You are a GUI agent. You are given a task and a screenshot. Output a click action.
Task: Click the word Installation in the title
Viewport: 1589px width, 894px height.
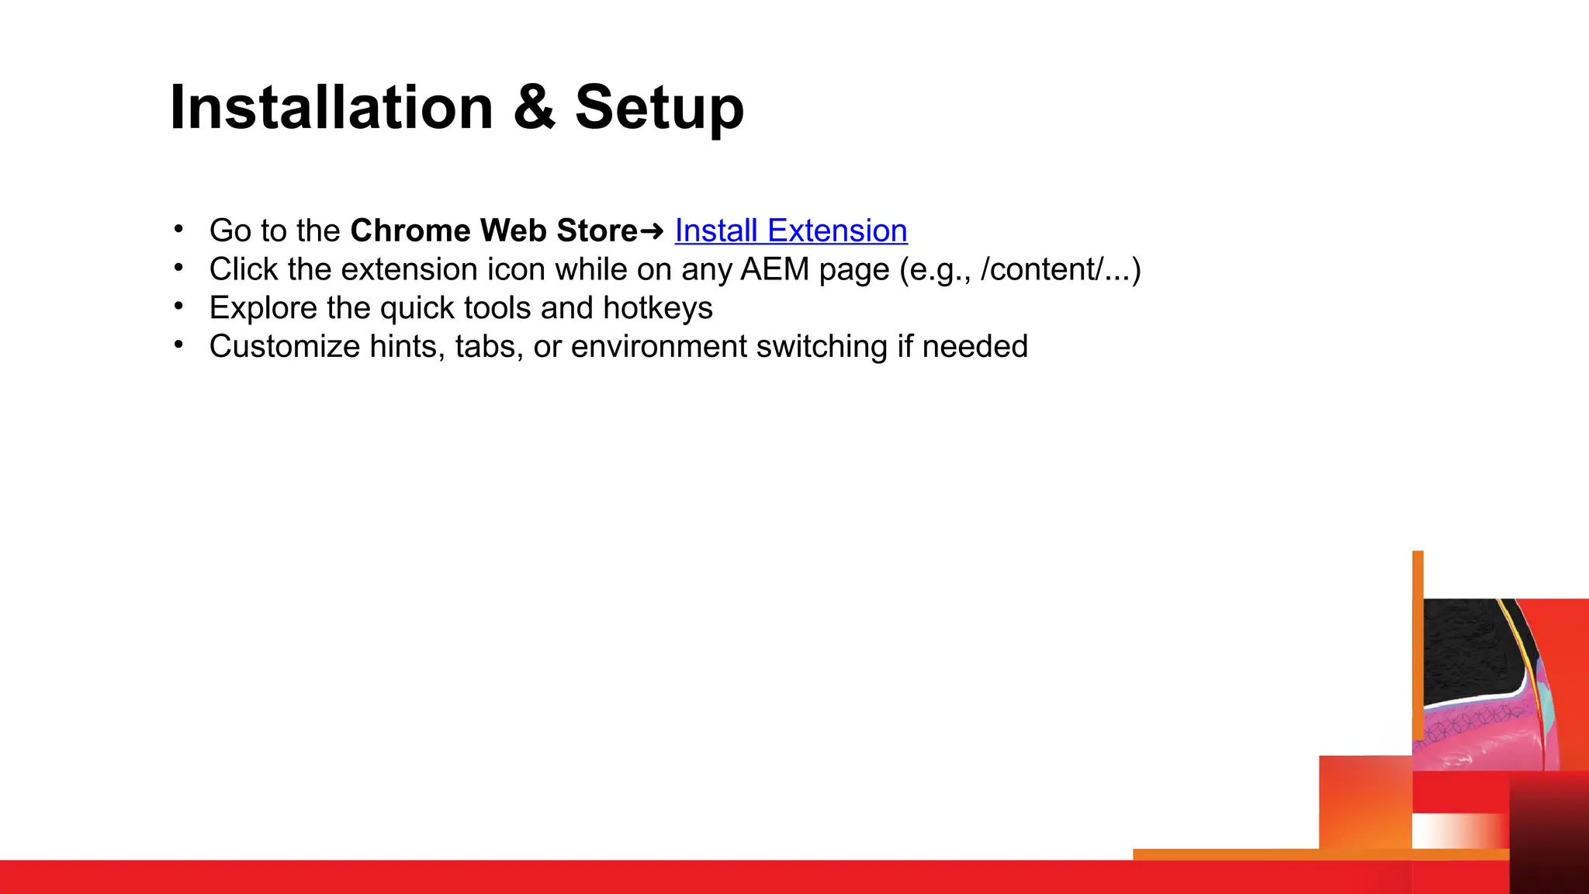[331, 108]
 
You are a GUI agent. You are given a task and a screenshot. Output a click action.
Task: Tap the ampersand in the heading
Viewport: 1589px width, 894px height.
[534, 108]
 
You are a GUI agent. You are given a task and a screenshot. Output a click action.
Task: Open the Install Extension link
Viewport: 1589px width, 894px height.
[791, 230]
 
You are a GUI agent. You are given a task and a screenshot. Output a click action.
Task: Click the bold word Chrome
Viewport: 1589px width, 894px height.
[410, 230]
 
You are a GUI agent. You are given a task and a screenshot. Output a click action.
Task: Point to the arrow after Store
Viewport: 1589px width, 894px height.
[653, 231]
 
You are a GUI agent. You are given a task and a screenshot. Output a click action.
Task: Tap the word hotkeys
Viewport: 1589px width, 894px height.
[657, 308]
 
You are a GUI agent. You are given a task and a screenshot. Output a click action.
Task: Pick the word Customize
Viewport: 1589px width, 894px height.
[284, 346]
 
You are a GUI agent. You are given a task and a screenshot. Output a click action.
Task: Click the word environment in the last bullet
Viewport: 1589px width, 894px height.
[659, 346]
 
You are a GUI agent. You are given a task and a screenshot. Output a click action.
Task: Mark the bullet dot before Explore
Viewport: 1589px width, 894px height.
[178, 307]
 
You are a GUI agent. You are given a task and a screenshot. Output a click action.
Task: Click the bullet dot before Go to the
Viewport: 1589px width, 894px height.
[178, 229]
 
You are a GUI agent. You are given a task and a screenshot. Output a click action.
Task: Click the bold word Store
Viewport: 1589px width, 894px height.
[597, 230]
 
